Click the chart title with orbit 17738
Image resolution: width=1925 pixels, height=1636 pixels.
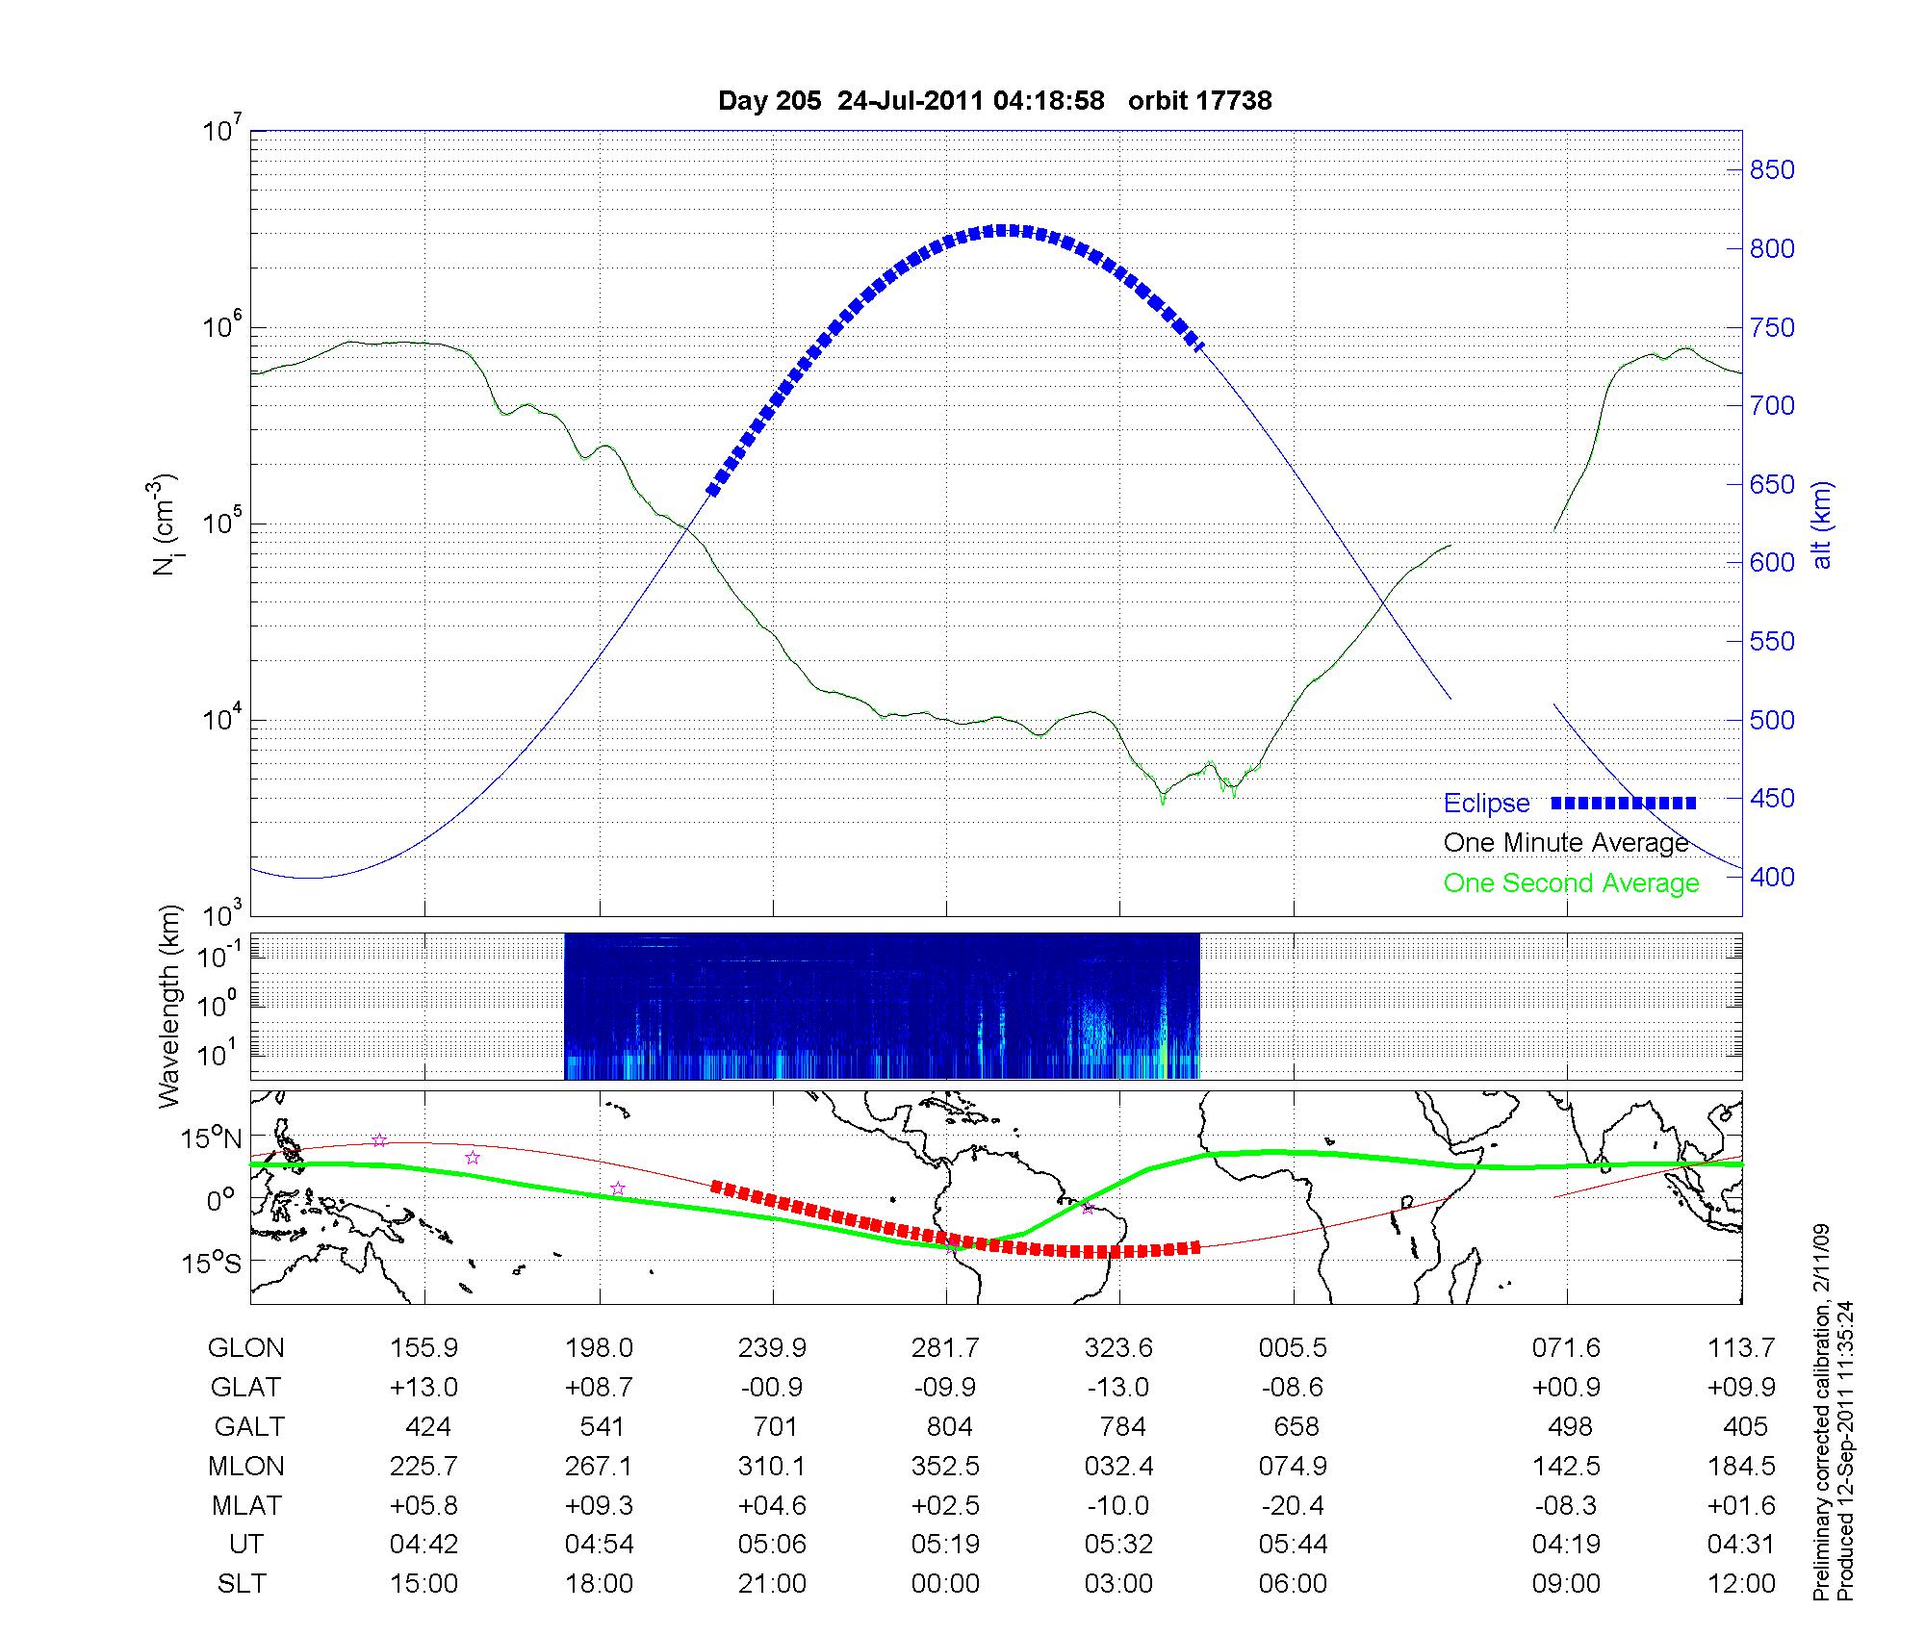[994, 100]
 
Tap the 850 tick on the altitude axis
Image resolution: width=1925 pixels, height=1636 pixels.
[1771, 170]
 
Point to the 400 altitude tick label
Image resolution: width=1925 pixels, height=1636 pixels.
[1771, 877]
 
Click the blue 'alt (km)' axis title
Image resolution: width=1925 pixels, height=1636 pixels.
[1821, 524]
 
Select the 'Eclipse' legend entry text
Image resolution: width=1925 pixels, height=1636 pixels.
[1486, 804]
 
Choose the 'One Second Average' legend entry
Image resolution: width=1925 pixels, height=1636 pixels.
[1571, 883]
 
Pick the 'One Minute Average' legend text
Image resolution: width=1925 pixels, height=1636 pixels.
[1566, 843]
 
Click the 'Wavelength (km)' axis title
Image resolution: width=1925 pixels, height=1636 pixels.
[169, 1007]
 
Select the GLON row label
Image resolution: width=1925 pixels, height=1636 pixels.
[245, 1348]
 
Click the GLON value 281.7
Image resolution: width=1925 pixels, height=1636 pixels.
[945, 1348]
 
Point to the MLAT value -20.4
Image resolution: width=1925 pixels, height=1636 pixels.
[1294, 1505]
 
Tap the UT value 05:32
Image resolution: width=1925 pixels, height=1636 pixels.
[1118, 1545]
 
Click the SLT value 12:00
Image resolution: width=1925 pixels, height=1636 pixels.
[1741, 1584]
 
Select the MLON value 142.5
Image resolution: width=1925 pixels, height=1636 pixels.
[1567, 1466]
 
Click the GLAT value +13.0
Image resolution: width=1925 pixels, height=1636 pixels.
[423, 1388]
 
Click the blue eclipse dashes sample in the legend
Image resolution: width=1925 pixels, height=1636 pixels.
[1623, 803]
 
